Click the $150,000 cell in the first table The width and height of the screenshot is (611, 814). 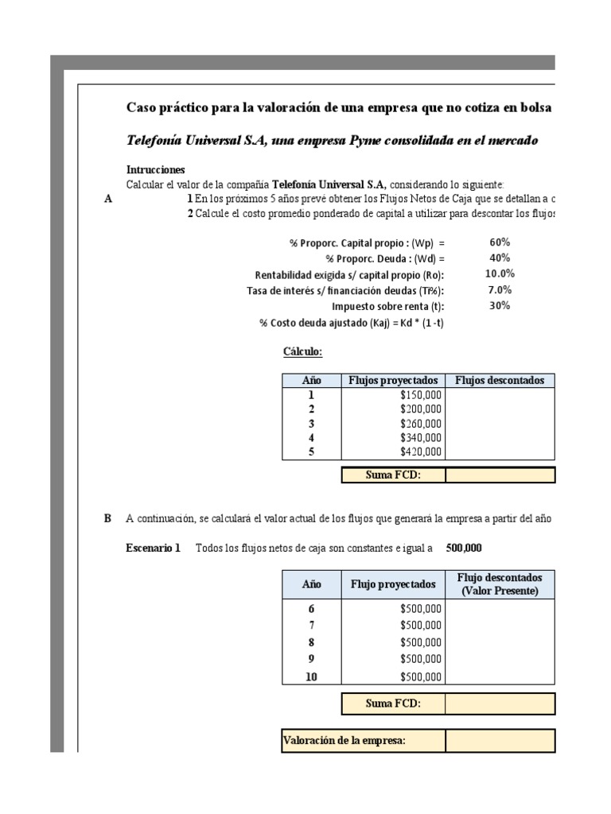click(421, 394)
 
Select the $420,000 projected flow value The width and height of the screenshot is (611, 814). click(421, 452)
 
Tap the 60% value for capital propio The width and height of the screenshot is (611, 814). click(500, 242)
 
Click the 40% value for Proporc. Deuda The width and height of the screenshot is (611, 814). click(500, 258)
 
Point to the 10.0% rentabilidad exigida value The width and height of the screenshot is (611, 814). click(500, 273)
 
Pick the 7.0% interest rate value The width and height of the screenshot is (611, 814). click(500, 289)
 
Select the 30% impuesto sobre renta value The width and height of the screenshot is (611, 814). click(500, 305)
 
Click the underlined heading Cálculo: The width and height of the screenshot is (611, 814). click(302, 351)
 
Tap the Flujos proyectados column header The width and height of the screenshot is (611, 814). click(392, 380)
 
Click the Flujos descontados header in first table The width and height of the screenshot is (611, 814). click(500, 380)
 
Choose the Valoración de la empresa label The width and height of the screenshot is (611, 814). click(344, 741)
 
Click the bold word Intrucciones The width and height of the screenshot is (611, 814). click(156, 169)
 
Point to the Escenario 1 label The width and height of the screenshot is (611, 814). click(154, 548)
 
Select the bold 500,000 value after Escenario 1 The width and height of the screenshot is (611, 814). click(464, 548)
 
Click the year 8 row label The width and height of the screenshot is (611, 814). click(311, 642)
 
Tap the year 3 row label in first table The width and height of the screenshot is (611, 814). click(311, 424)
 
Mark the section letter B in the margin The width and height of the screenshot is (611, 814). click(107, 518)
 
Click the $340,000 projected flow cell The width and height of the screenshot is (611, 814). click(421, 438)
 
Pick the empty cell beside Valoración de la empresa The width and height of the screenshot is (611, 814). click(500, 741)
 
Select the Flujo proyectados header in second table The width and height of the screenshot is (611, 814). click(392, 584)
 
